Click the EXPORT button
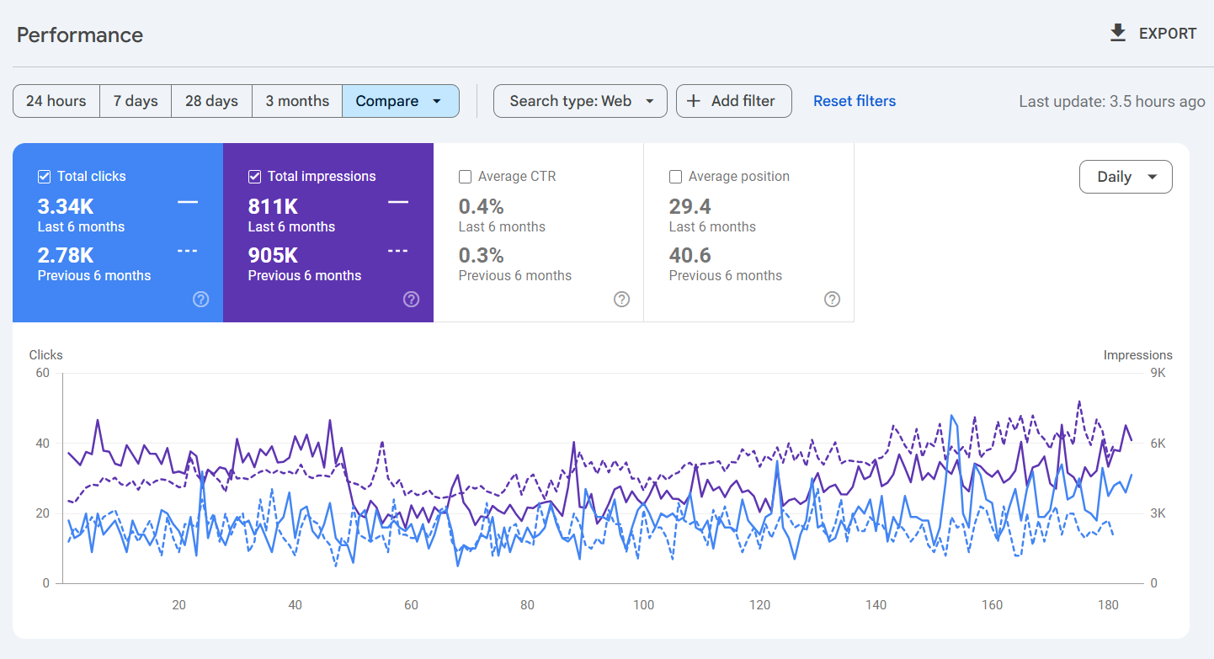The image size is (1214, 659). click(x=1153, y=34)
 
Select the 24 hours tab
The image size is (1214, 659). click(x=56, y=101)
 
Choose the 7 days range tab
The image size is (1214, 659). click(x=136, y=101)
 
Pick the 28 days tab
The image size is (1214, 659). click(x=211, y=101)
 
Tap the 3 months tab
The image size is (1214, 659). click(x=297, y=101)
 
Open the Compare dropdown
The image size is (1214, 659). click(x=400, y=101)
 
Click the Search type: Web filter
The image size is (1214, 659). click(x=580, y=101)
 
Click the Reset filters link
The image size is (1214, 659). click(x=854, y=101)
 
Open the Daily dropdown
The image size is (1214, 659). click(x=1125, y=177)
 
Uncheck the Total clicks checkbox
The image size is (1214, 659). click(x=45, y=177)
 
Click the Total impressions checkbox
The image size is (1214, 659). click(x=255, y=177)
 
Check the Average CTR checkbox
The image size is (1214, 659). click(x=466, y=177)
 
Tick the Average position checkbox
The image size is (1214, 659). click(x=675, y=177)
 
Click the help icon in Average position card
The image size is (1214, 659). click(x=832, y=299)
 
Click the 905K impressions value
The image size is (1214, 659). click(x=273, y=255)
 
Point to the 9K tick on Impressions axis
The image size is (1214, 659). click(x=1158, y=373)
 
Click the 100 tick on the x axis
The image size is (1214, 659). click(x=643, y=604)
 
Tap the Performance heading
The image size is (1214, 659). click(x=80, y=35)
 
